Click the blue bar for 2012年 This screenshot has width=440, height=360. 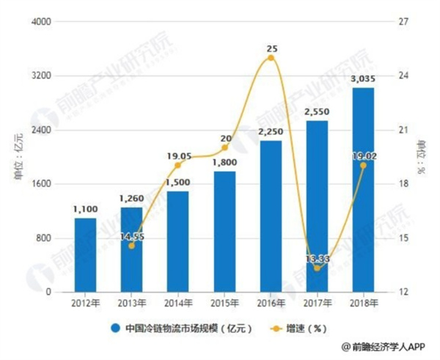pos(85,255)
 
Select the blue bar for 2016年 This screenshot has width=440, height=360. pos(271,216)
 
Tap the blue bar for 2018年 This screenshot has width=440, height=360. pos(363,190)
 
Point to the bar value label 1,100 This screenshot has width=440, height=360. pos(85,210)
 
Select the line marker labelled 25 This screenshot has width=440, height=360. pos(271,57)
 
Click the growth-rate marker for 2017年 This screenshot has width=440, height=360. pos(317,268)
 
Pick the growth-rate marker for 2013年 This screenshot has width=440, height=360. pos(131,246)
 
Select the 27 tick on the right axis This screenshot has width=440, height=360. pos(402,22)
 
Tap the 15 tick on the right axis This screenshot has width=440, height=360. pos(402,238)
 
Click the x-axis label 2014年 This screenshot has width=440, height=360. pos(177,303)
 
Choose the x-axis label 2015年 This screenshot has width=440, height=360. pos(224,303)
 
